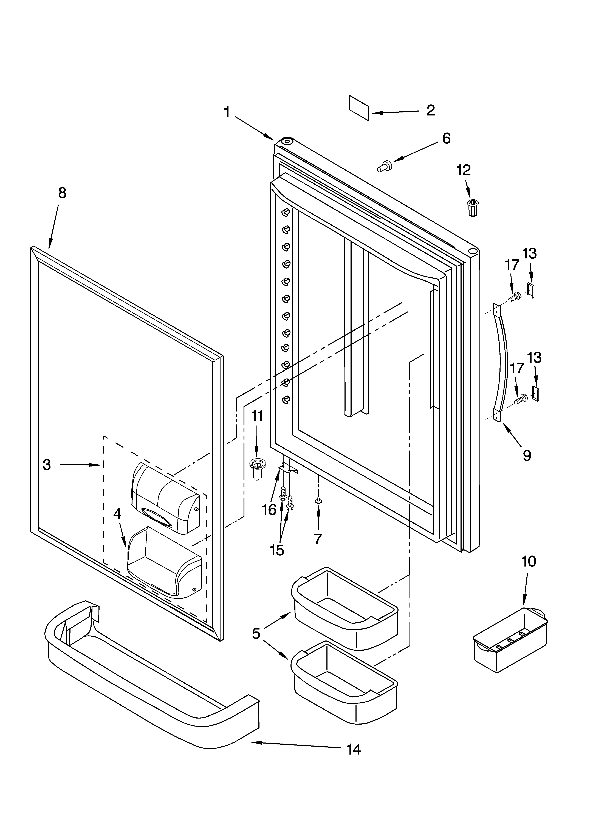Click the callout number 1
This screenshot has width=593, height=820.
pyautogui.click(x=227, y=112)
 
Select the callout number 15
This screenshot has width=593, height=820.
pyautogui.click(x=277, y=550)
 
